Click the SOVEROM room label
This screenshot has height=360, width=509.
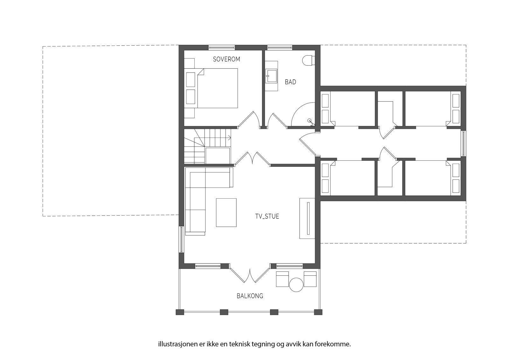click(226, 59)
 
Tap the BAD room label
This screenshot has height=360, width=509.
click(290, 82)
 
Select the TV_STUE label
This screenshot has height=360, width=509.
click(267, 216)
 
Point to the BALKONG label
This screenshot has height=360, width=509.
click(250, 296)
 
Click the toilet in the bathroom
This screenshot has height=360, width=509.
click(308, 60)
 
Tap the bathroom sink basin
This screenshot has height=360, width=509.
click(271, 76)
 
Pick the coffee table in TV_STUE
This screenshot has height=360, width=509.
click(226, 212)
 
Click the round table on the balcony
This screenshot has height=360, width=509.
click(296, 284)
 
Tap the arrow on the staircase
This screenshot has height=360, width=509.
click(229, 138)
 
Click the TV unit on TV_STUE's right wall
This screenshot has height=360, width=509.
click(307, 218)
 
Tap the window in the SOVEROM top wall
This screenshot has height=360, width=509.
click(222, 48)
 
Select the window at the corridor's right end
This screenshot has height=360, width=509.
click(463, 143)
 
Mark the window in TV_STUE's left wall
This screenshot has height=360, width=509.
click(181, 239)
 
